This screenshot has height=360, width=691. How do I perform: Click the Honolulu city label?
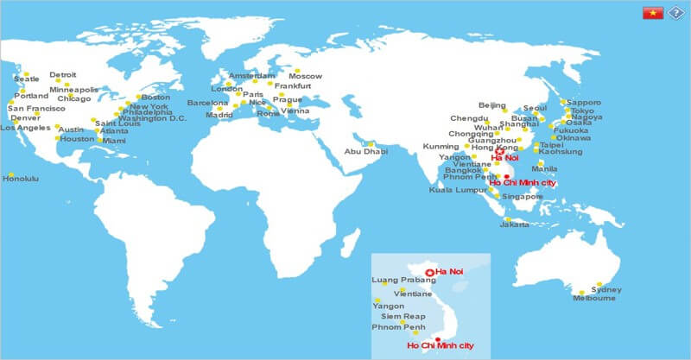[21, 179]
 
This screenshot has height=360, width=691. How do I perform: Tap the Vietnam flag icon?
[652, 13]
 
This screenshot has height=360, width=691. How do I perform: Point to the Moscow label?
[305, 77]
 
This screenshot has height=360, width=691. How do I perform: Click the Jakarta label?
[515, 224]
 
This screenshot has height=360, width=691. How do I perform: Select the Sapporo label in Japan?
[585, 102]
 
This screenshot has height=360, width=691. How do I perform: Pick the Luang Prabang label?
[396, 281]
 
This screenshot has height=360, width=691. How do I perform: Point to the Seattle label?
[27, 79]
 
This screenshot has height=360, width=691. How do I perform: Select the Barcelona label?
[207, 104]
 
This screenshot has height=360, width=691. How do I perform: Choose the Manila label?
[544, 168]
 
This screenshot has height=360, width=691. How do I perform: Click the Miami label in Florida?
[113, 141]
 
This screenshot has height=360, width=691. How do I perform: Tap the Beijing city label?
[491, 105]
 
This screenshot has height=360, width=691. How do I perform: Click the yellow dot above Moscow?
[296, 69]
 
